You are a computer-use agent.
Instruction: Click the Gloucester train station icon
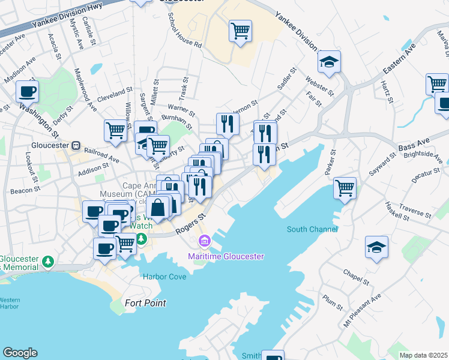[x=76, y=146]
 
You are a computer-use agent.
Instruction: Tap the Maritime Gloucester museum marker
[x=204, y=241]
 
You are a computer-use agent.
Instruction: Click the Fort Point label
[x=146, y=303]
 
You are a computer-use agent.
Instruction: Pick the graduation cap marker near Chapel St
[x=376, y=247]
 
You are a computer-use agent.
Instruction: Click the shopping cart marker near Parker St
[x=345, y=187]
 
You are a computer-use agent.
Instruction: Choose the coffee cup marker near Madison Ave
[x=27, y=91]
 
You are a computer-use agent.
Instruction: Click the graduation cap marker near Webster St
[x=329, y=61]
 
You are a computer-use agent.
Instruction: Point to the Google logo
[x=20, y=353]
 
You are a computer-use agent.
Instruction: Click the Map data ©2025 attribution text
[x=423, y=355]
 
